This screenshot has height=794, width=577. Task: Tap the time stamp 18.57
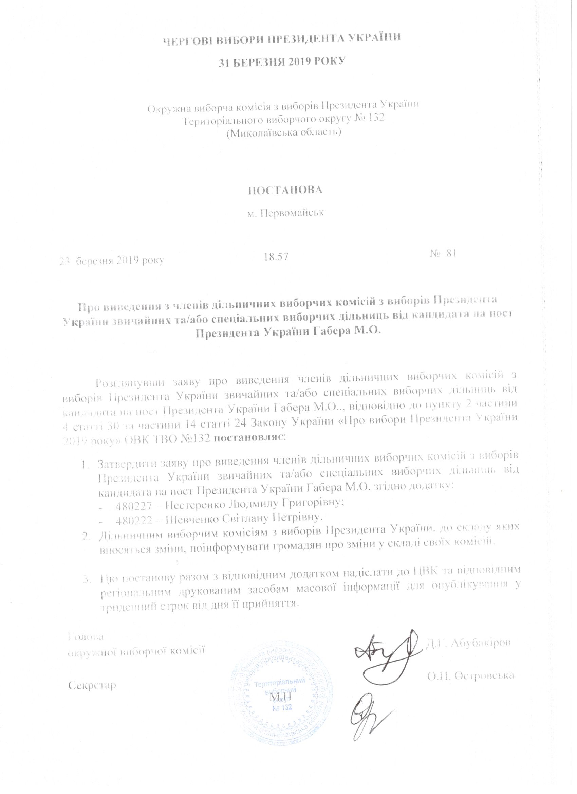(276, 257)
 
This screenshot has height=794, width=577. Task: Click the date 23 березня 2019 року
(111, 260)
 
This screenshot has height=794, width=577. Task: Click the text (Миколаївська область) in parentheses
(284, 133)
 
